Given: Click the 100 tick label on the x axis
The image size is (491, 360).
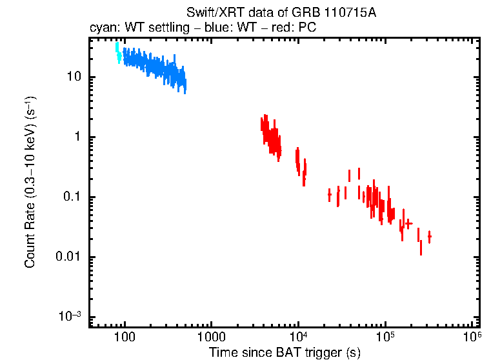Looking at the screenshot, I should pyautogui.click(x=124, y=337).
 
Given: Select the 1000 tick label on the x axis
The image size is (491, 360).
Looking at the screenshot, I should pyautogui.click(x=211, y=337).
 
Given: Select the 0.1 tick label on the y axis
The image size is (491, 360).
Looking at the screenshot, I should pyautogui.click(x=70, y=197).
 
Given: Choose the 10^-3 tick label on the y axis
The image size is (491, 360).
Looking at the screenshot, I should pyautogui.click(x=70, y=316).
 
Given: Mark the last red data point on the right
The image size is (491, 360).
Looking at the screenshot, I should pyautogui.click(x=429, y=237).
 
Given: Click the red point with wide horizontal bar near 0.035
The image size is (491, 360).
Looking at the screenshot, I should pyautogui.click(x=408, y=223).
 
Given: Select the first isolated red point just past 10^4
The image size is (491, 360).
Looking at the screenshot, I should pyautogui.click(x=330, y=194).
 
